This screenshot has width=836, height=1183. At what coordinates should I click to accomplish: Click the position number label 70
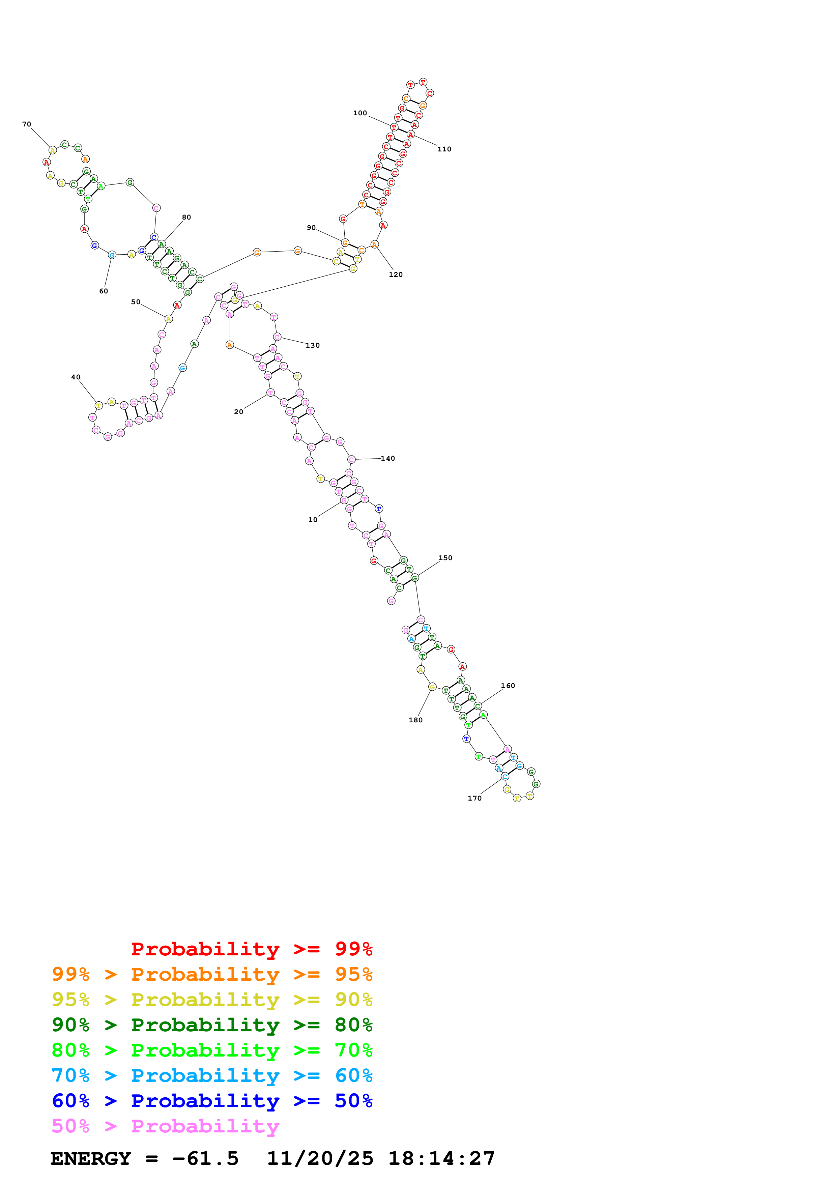(x=27, y=124)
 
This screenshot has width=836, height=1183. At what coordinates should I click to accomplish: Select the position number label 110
(x=444, y=149)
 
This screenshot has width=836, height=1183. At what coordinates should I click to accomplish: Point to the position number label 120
(x=396, y=275)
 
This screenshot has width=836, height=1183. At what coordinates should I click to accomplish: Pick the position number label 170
(x=474, y=798)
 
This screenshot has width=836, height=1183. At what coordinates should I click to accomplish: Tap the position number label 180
(x=416, y=720)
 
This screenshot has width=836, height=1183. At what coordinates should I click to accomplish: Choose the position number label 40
(x=76, y=377)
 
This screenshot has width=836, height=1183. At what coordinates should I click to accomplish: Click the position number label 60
(x=104, y=291)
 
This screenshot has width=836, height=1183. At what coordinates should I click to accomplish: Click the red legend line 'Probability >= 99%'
(x=251, y=949)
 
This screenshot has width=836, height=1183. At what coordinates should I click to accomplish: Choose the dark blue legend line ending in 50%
(x=212, y=1101)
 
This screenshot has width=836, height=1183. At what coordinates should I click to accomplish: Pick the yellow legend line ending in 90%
(x=212, y=1000)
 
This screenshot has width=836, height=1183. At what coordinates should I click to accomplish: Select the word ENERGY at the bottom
(x=91, y=1159)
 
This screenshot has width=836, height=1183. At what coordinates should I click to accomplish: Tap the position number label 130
(x=313, y=346)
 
